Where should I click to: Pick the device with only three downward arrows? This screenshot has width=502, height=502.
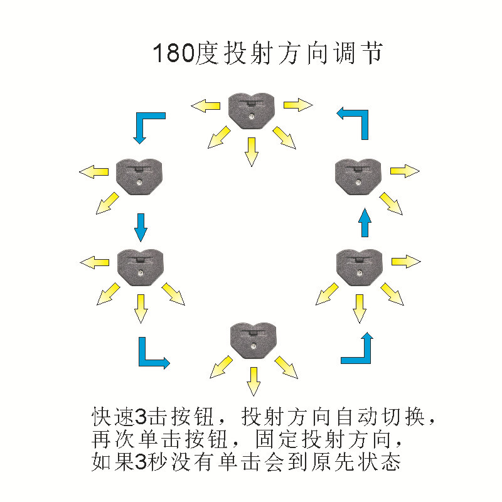tap(253, 339)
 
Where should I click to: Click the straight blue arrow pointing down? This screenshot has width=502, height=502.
tap(141, 227)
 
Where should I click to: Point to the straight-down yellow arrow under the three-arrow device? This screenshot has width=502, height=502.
tap(253, 380)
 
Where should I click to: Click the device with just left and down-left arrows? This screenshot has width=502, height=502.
tap(140, 175)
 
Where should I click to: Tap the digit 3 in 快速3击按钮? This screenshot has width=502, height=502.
tap(141, 416)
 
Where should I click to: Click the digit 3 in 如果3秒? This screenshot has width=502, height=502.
tap(141, 464)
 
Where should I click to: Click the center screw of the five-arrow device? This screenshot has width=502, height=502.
tap(251, 116)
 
